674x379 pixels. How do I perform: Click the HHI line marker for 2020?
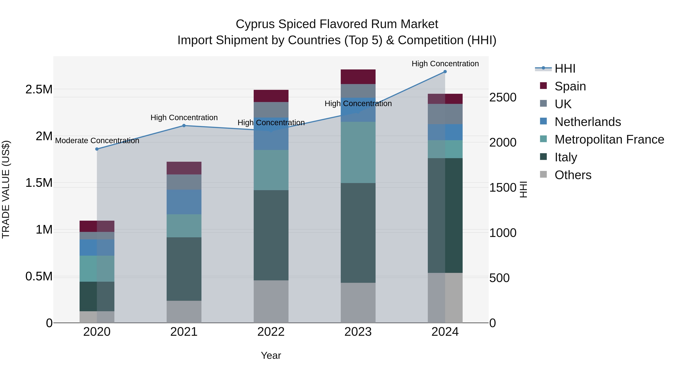click(97, 149)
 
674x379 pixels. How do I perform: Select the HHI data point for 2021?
click(184, 126)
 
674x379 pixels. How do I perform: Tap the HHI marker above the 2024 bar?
click(445, 72)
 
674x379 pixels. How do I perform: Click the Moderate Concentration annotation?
click(97, 141)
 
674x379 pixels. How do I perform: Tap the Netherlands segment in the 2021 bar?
click(184, 202)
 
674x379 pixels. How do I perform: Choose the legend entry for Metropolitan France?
click(609, 139)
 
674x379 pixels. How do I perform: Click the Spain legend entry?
click(570, 86)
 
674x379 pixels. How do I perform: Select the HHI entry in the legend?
click(565, 69)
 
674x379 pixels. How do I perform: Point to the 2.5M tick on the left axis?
click(39, 89)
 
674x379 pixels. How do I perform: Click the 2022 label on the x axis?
click(271, 332)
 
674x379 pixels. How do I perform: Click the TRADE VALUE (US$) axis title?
click(6, 189)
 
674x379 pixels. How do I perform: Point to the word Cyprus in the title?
click(255, 24)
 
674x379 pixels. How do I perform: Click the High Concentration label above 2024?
click(445, 64)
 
